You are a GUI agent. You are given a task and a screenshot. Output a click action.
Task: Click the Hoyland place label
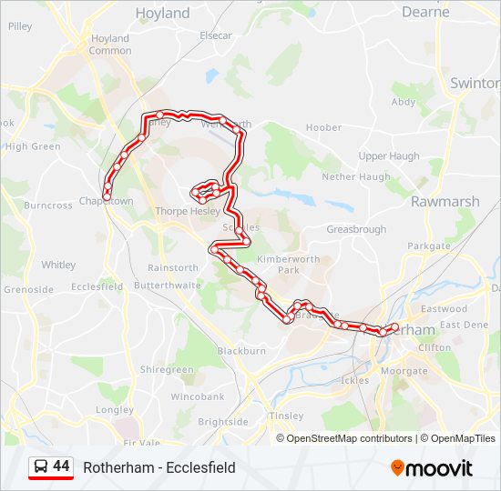pyautogui.click(x=162, y=13)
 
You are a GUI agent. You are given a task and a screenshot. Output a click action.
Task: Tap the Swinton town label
pyautogui.click(x=475, y=82)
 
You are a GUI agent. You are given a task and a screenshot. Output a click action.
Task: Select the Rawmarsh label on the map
pyautogui.click(x=439, y=201)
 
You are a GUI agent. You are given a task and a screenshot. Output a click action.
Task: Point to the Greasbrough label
pyautogui.click(x=356, y=230)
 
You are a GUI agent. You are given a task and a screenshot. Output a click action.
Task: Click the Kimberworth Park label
pyautogui.click(x=278, y=265)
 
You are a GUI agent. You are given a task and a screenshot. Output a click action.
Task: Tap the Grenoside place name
pyautogui.click(x=29, y=289)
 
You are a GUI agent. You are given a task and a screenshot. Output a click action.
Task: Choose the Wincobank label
pyautogui.click(x=197, y=396)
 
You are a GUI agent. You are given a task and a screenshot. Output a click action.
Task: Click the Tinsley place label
pyautogui.click(x=287, y=416)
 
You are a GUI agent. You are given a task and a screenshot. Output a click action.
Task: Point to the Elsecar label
pyautogui.click(x=215, y=35)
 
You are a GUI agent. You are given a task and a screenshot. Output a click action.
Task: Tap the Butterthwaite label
pyautogui.click(x=167, y=285)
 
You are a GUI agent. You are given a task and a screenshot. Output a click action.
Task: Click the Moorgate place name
pyautogui.click(x=404, y=371)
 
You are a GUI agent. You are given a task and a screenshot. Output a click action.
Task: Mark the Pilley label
pyautogui.click(x=20, y=27)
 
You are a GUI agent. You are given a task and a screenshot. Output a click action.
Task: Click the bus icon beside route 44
pyautogui.click(x=41, y=467)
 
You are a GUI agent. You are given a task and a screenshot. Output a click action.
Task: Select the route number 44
pyautogui.click(x=61, y=466)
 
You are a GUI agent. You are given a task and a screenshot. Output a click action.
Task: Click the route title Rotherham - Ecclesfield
pyautogui.click(x=159, y=467)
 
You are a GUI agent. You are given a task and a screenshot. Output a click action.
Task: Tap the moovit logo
pyautogui.click(x=432, y=467)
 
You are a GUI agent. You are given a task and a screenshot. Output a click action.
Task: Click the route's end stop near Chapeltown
pyautogui.click(x=107, y=196)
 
